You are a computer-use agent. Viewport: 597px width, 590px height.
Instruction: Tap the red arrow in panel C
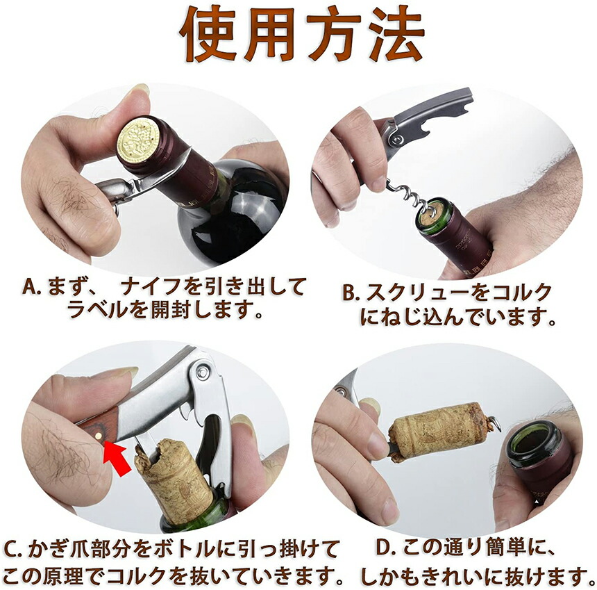117,457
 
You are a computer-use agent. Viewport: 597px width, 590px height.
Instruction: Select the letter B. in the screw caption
351,293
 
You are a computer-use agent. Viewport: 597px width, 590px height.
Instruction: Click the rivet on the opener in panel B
397,140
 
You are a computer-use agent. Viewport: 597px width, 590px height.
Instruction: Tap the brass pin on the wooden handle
99,435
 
